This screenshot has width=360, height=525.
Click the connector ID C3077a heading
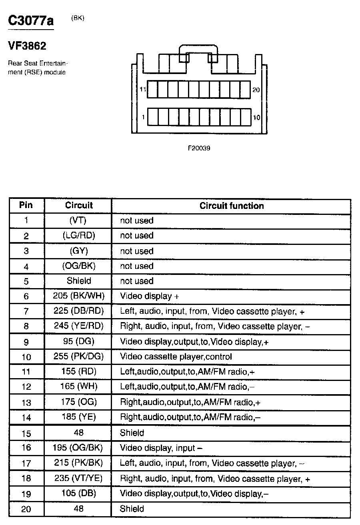(x=31, y=21)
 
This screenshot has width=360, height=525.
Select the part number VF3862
(x=27, y=46)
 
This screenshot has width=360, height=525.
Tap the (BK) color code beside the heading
(x=78, y=18)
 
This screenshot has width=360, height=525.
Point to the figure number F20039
(x=199, y=148)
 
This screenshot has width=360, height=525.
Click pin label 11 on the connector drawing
(x=143, y=90)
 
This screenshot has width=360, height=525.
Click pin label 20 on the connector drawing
(x=256, y=90)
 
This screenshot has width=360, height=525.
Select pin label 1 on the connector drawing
(x=143, y=117)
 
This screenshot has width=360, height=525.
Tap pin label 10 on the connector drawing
(x=256, y=117)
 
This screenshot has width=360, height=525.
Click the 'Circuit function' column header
(x=232, y=206)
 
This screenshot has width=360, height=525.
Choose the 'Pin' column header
(x=26, y=206)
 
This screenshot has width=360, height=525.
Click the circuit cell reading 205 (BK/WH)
(x=78, y=296)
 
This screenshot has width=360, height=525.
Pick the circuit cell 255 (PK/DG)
(x=78, y=356)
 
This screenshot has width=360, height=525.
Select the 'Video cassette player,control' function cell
(x=176, y=356)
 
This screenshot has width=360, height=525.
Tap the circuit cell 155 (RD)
(x=78, y=371)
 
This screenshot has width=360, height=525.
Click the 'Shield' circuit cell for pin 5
(x=79, y=281)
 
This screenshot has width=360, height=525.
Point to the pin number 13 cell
(x=26, y=403)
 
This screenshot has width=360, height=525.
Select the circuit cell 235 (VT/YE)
(x=78, y=478)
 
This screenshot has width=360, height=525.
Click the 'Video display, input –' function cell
(x=161, y=448)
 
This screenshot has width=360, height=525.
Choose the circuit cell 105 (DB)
(x=78, y=493)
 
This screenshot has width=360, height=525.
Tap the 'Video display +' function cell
(x=149, y=296)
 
